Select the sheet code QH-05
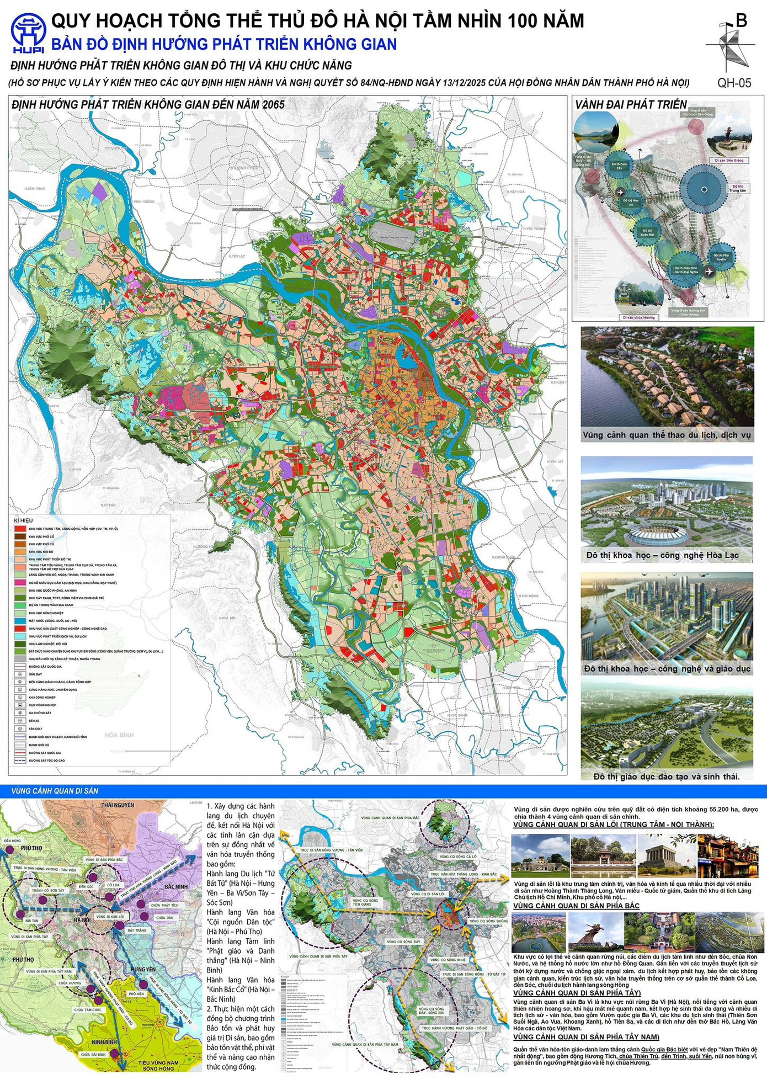[x=734, y=83]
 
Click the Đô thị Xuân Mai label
[x=648, y=232]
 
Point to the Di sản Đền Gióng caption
[x=729, y=160]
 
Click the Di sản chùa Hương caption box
[x=639, y=317]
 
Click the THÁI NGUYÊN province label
[x=118, y=805]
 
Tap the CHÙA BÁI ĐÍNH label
[x=93, y=1055]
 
